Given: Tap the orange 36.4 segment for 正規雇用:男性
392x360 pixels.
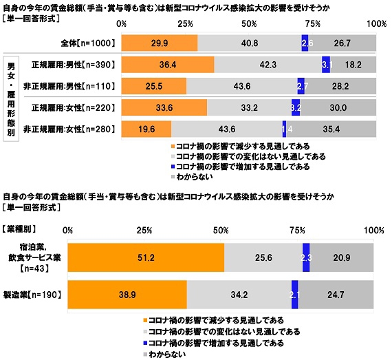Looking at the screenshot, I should pyautogui.click(x=168, y=65).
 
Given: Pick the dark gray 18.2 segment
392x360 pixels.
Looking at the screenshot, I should pyautogui.click(x=353, y=65).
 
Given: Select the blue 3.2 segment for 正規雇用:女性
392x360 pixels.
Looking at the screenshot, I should pyautogui.click(x=296, y=107).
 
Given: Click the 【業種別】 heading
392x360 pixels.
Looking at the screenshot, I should pyautogui.click(x=22, y=227).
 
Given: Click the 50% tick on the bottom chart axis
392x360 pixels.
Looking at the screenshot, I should pyautogui.click(x=221, y=229).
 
